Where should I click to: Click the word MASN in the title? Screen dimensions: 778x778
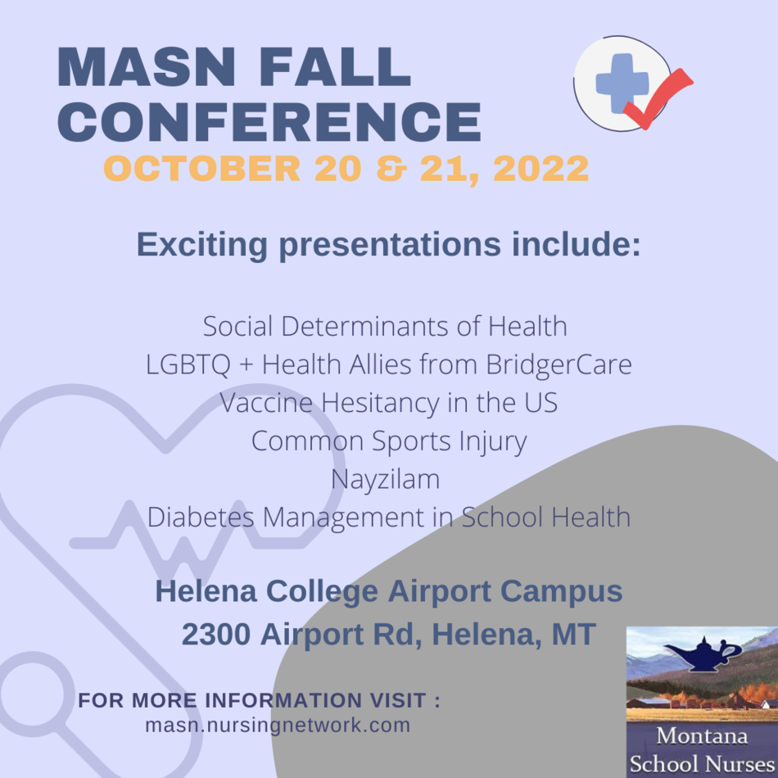tap(147, 67)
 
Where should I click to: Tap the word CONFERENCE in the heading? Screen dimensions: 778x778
tap(269, 122)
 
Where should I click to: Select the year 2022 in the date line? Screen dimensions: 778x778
tap(541, 169)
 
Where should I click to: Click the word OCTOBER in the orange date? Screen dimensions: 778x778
tap(202, 169)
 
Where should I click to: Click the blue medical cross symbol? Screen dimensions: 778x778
tap(622, 83)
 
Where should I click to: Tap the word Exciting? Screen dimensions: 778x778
tap(202, 245)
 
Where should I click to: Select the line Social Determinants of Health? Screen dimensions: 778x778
tap(385, 327)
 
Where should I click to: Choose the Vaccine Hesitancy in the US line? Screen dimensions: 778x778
tap(388, 402)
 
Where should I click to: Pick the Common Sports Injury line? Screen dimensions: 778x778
tap(389, 441)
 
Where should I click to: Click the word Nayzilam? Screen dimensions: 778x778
tap(386, 480)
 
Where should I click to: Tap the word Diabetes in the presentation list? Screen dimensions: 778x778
tap(201, 517)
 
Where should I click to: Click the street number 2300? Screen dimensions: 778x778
tap(216, 634)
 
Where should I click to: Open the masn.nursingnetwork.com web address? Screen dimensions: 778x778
tap(278, 726)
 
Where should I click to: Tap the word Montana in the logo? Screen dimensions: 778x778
tap(702, 736)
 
